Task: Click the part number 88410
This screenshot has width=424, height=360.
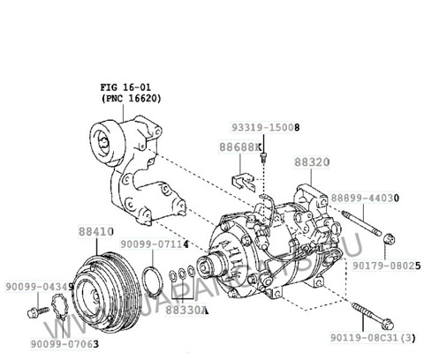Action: [94, 231]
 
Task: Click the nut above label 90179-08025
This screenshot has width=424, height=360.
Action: [389, 236]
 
